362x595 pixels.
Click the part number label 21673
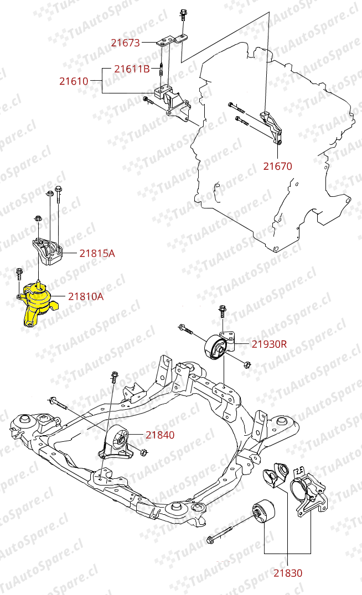(125, 42)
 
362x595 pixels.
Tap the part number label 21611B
(132, 69)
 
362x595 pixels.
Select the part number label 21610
(74, 81)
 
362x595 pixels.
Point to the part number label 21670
(277, 166)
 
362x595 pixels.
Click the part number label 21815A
(97, 253)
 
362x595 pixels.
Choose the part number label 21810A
(86, 296)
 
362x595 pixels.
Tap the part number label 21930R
(269, 344)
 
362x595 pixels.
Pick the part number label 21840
(160, 435)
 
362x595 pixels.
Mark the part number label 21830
(288, 573)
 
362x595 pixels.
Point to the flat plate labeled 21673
(169, 40)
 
